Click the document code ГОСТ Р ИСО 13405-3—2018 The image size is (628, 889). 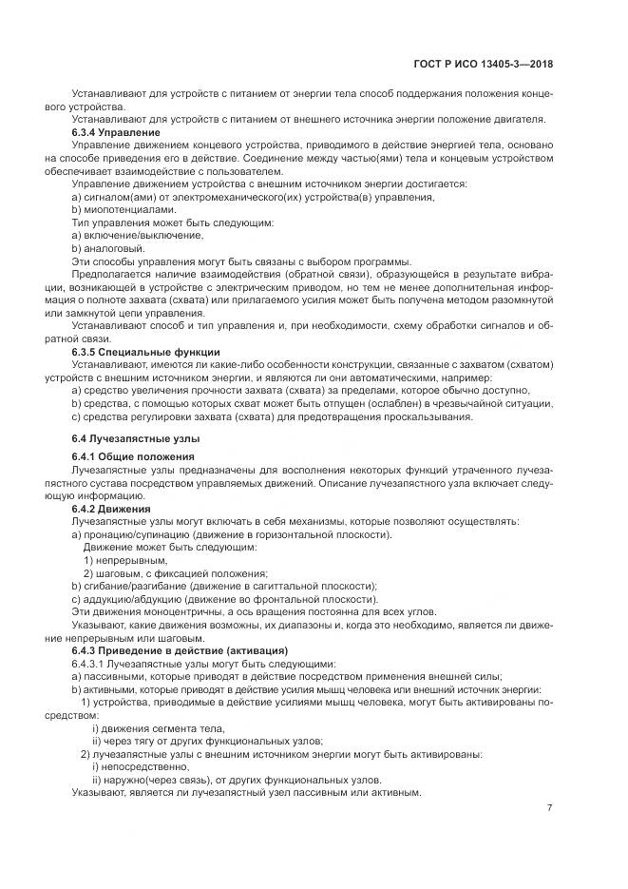tap(485, 65)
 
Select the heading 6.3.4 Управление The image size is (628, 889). tap(117, 131)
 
